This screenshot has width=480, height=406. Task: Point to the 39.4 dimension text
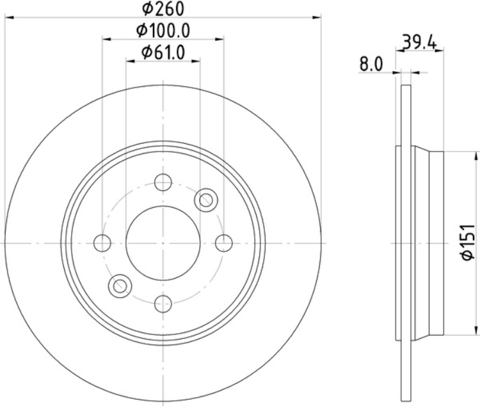(420, 43)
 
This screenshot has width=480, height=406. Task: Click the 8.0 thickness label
(371, 64)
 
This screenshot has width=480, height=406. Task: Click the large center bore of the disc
(163, 243)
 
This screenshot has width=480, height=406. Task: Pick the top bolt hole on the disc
(163, 183)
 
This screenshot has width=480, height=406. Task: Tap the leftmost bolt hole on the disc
(102, 243)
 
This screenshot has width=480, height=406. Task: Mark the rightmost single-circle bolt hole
(223, 243)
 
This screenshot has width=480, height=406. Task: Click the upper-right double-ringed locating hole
(206, 200)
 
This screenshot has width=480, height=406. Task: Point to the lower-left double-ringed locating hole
(120, 286)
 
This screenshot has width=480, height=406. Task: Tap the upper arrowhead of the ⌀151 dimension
(476, 155)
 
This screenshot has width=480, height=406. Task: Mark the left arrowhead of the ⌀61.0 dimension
(130, 61)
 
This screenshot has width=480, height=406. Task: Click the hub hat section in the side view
(427, 243)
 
